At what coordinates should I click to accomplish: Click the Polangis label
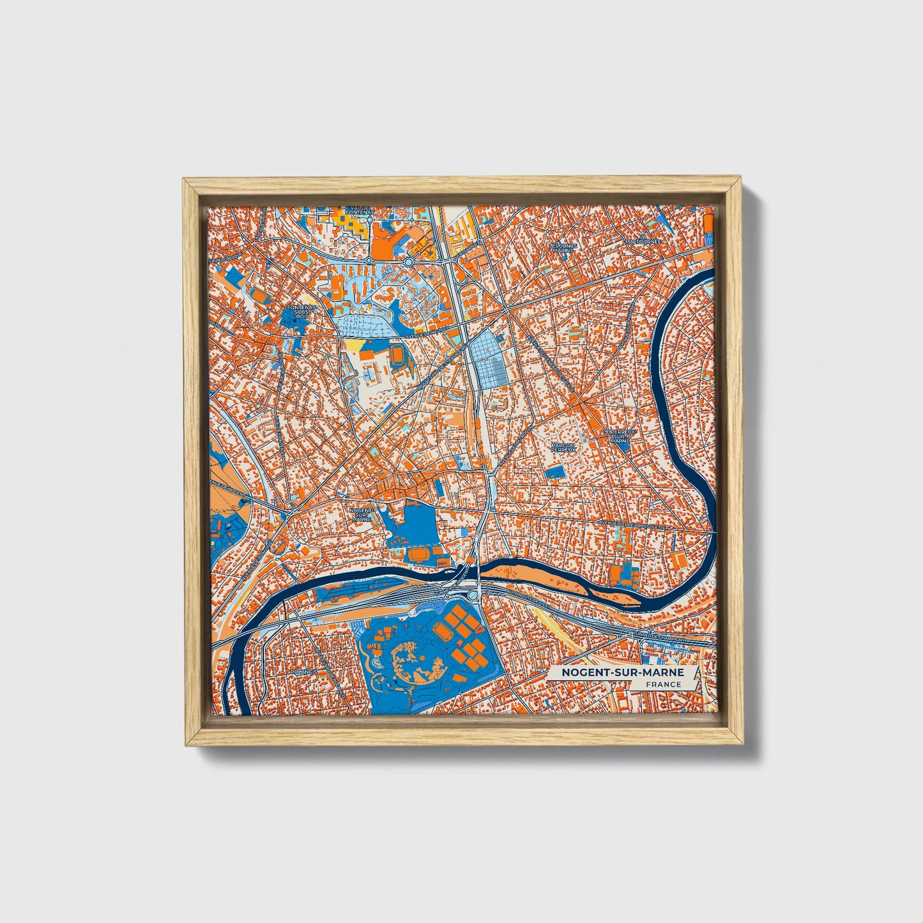coord(303,673)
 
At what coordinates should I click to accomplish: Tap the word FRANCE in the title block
coord(663,685)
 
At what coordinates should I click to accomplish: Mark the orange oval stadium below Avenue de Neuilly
coord(397,353)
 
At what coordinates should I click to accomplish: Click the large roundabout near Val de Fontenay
coord(408,261)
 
